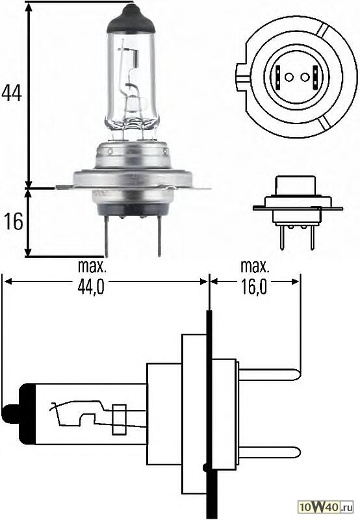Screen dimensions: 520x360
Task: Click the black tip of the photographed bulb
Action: click(x=133, y=16)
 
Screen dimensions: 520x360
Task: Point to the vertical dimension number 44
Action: click(x=12, y=94)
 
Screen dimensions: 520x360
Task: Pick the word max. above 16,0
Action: click(x=255, y=266)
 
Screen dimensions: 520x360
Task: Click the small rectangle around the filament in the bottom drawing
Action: click(x=118, y=419)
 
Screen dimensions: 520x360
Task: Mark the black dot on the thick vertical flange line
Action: click(x=206, y=467)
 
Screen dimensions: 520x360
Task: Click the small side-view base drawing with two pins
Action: click(x=292, y=208)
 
